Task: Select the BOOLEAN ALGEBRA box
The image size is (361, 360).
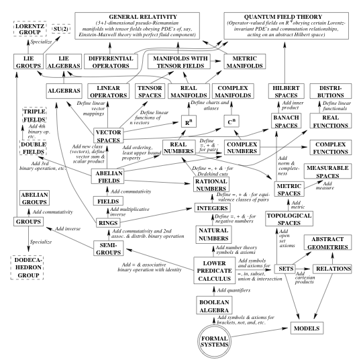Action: click(214, 306)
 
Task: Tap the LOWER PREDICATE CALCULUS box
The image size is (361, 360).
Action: click(215, 271)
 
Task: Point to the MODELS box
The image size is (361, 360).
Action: click(307, 328)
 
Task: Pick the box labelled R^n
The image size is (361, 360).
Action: click(189, 122)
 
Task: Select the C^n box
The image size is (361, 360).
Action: click(231, 122)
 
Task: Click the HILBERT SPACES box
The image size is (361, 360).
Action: click(286, 91)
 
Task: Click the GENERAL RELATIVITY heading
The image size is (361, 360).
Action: click(143, 17)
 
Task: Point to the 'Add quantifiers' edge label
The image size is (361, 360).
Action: click(234, 290)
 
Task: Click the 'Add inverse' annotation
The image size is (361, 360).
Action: click(68, 229)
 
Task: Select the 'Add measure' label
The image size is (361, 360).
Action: click(325, 185)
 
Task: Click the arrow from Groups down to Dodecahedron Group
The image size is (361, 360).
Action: click(29, 239)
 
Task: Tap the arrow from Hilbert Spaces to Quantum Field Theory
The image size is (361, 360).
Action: click(285, 62)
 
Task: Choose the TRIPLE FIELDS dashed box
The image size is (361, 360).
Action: click(34, 116)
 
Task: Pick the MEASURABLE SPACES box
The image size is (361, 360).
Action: click(327, 171)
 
